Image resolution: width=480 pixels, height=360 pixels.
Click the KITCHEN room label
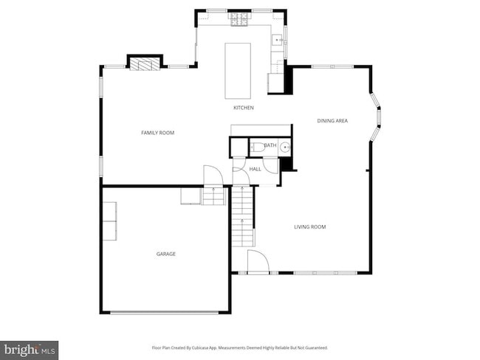pyautogui.click(x=243, y=108)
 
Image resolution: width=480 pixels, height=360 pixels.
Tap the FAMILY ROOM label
pyautogui.click(x=157, y=133)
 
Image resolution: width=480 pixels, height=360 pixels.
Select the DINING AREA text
pyautogui.click(x=332, y=120)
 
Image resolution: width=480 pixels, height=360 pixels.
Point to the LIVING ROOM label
pyautogui.click(x=309, y=226)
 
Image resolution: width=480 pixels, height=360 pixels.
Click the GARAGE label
pyautogui.click(x=165, y=254)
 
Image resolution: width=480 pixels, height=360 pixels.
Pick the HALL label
pyautogui.click(x=255, y=169)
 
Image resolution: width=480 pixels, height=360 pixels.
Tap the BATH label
pyautogui.click(x=270, y=145)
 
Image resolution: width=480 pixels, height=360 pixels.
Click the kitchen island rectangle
pyautogui.click(x=238, y=70)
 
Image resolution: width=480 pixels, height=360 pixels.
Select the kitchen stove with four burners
pyautogui.click(x=239, y=20)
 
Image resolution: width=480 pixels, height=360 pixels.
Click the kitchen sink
pyautogui.click(x=277, y=41)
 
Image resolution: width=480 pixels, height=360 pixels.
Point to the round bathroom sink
pyautogui.click(x=285, y=147)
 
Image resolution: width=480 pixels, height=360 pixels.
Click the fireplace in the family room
pyautogui.click(x=145, y=63)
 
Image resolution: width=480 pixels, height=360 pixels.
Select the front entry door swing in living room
pyautogui.click(x=257, y=261)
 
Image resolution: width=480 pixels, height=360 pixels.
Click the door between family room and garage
pyautogui.click(x=213, y=176)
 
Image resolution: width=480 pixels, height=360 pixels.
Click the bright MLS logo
pyautogui.click(x=30, y=349)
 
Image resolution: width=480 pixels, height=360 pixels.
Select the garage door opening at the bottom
pyautogui.click(x=164, y=313)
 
